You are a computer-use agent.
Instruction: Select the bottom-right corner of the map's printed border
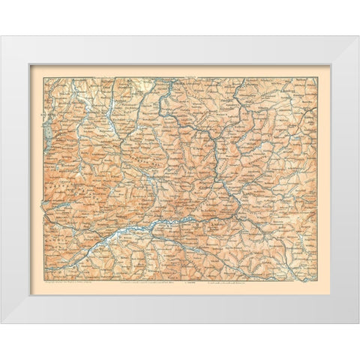(x=318, y=280)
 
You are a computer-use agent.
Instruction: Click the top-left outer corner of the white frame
(x=1, y=36)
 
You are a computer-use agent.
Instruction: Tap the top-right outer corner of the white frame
(x=359, y=36)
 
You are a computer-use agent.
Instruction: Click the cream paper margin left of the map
(x=36, y=180)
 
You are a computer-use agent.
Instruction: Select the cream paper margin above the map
(x=180, y=70)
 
